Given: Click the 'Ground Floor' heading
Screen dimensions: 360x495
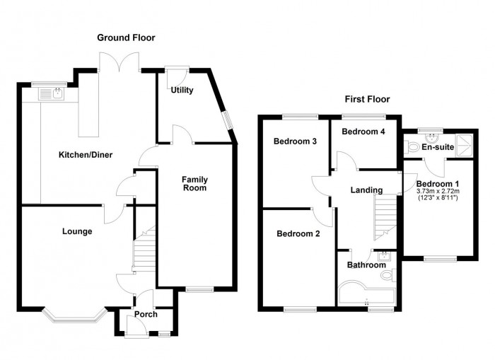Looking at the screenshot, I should tap(126, 37).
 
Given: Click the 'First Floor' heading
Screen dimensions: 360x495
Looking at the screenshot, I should tap(367, 99).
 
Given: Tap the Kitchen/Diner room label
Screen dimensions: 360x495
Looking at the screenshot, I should tap(85, 155).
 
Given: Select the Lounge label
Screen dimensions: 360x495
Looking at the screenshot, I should tap(76, 231).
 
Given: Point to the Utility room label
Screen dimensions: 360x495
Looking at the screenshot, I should tap(182, 90).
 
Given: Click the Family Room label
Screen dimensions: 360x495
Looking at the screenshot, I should tap(194, 183).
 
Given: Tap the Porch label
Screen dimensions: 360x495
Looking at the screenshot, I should tap(145, 315).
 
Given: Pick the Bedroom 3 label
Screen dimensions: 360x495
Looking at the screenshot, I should tap(294, 141).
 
